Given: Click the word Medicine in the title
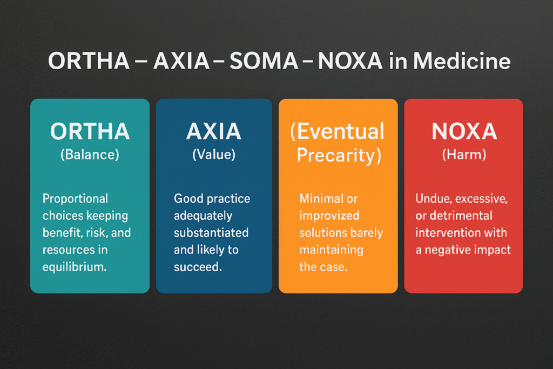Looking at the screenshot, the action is [462, 61].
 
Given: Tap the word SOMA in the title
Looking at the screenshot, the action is [264, 61].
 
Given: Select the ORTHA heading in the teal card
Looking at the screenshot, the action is [90, 131].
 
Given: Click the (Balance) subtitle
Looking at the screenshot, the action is [90, 155].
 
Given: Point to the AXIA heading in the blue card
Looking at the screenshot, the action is [214, 131].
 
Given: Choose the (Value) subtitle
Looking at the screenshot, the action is [214, 154].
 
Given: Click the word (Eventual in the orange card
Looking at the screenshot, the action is [337, 131].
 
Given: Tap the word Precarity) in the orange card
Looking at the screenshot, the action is [339, 155].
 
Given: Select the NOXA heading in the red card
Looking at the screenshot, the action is [464, 131].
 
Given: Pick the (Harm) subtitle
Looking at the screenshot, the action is [464, 154].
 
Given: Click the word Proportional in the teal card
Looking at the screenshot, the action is [75, 199].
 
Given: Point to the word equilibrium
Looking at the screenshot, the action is [75, 267].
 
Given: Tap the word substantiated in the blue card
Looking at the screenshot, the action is [211, 233].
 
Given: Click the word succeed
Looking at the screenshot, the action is [198, 267].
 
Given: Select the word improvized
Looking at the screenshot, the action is [329, 216].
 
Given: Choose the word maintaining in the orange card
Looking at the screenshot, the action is [331, 250].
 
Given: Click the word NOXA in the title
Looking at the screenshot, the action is [350, 61].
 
